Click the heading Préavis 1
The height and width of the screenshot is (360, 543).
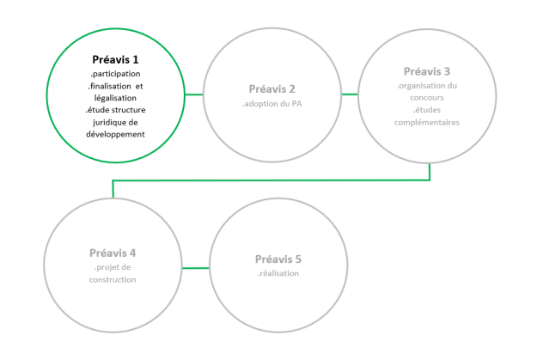pyautogui.click(x=115, y=59)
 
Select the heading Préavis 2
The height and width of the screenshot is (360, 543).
pyautogui.click(x=271, y=89)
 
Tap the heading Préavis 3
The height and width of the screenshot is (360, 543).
pyautogui.click(x=427, y=71)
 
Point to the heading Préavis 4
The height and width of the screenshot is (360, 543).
pyautogui.click(x=113, y=253)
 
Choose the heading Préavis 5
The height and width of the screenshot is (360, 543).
pyautogui.click(x=278, y=259)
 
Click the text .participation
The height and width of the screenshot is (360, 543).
pyautogui.click(x=115, y=74)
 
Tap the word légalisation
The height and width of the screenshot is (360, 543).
pyautogui.click(x=115, y=98)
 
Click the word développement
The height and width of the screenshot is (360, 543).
pyautogui.click(x=115, y=134)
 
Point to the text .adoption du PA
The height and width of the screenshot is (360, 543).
pyautogui.click(x=271, y=103)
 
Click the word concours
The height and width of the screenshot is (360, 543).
pyautogui.click(x=427, y=98)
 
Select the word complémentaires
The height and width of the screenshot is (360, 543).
pyautogui.click(x=427, y=123)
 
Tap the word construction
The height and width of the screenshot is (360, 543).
pyautogui.click(x=113, y=280)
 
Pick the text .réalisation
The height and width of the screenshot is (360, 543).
pyautogui.click(x=278, y=273)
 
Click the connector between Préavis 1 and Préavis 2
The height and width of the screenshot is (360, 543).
pyautogui.click(x=194, y=95)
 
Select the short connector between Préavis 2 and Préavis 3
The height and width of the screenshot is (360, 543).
pyautogui.click(x=350, y=95)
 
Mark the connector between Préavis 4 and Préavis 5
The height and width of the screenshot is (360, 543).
pyautogui.click(x=196, y=268)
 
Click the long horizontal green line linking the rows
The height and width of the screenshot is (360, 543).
pyautogui.click(x=271, y=180)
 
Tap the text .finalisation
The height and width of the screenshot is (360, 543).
pyautogui.click(x=109, y=86)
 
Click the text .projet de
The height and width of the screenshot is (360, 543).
pyautogui.click(x=113, y=267)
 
